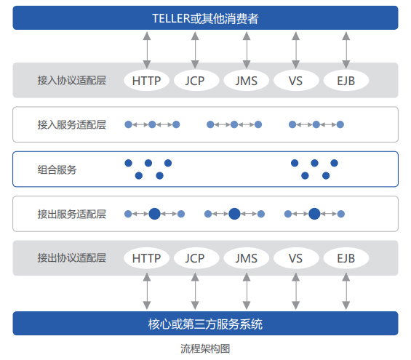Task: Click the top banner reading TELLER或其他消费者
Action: (x=205, y=17)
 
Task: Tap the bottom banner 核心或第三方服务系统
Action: (x=205, y=324)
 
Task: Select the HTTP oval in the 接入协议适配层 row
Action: (x=146, y=81)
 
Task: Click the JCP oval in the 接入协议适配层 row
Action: (x=195, y=81)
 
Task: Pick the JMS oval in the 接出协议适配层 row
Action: (x=246, y=258)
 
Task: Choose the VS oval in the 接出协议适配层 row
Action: (x=295, y=258)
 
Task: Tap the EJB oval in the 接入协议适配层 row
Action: (x=346, y=81)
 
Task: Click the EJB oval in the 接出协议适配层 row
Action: (x=346, y=258)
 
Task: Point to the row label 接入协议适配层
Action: (x=72, y=81)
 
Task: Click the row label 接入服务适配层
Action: (x=72, y=124)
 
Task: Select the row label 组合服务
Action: (x=57, y=169)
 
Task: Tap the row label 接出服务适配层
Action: (x=72, y=214)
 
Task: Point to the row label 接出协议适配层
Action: (x=72, y=257)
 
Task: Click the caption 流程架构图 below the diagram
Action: (x=205, y=349)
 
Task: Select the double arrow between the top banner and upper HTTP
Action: (x=147, y=50)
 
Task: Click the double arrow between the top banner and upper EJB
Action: (x=346, y=50)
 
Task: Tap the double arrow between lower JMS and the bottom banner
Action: (x=247, y=291)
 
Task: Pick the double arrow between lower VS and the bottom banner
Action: (x=295, y=291)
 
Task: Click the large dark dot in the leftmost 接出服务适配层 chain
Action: (x=155, y=214)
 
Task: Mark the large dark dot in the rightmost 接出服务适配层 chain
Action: (x=314, y=214)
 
